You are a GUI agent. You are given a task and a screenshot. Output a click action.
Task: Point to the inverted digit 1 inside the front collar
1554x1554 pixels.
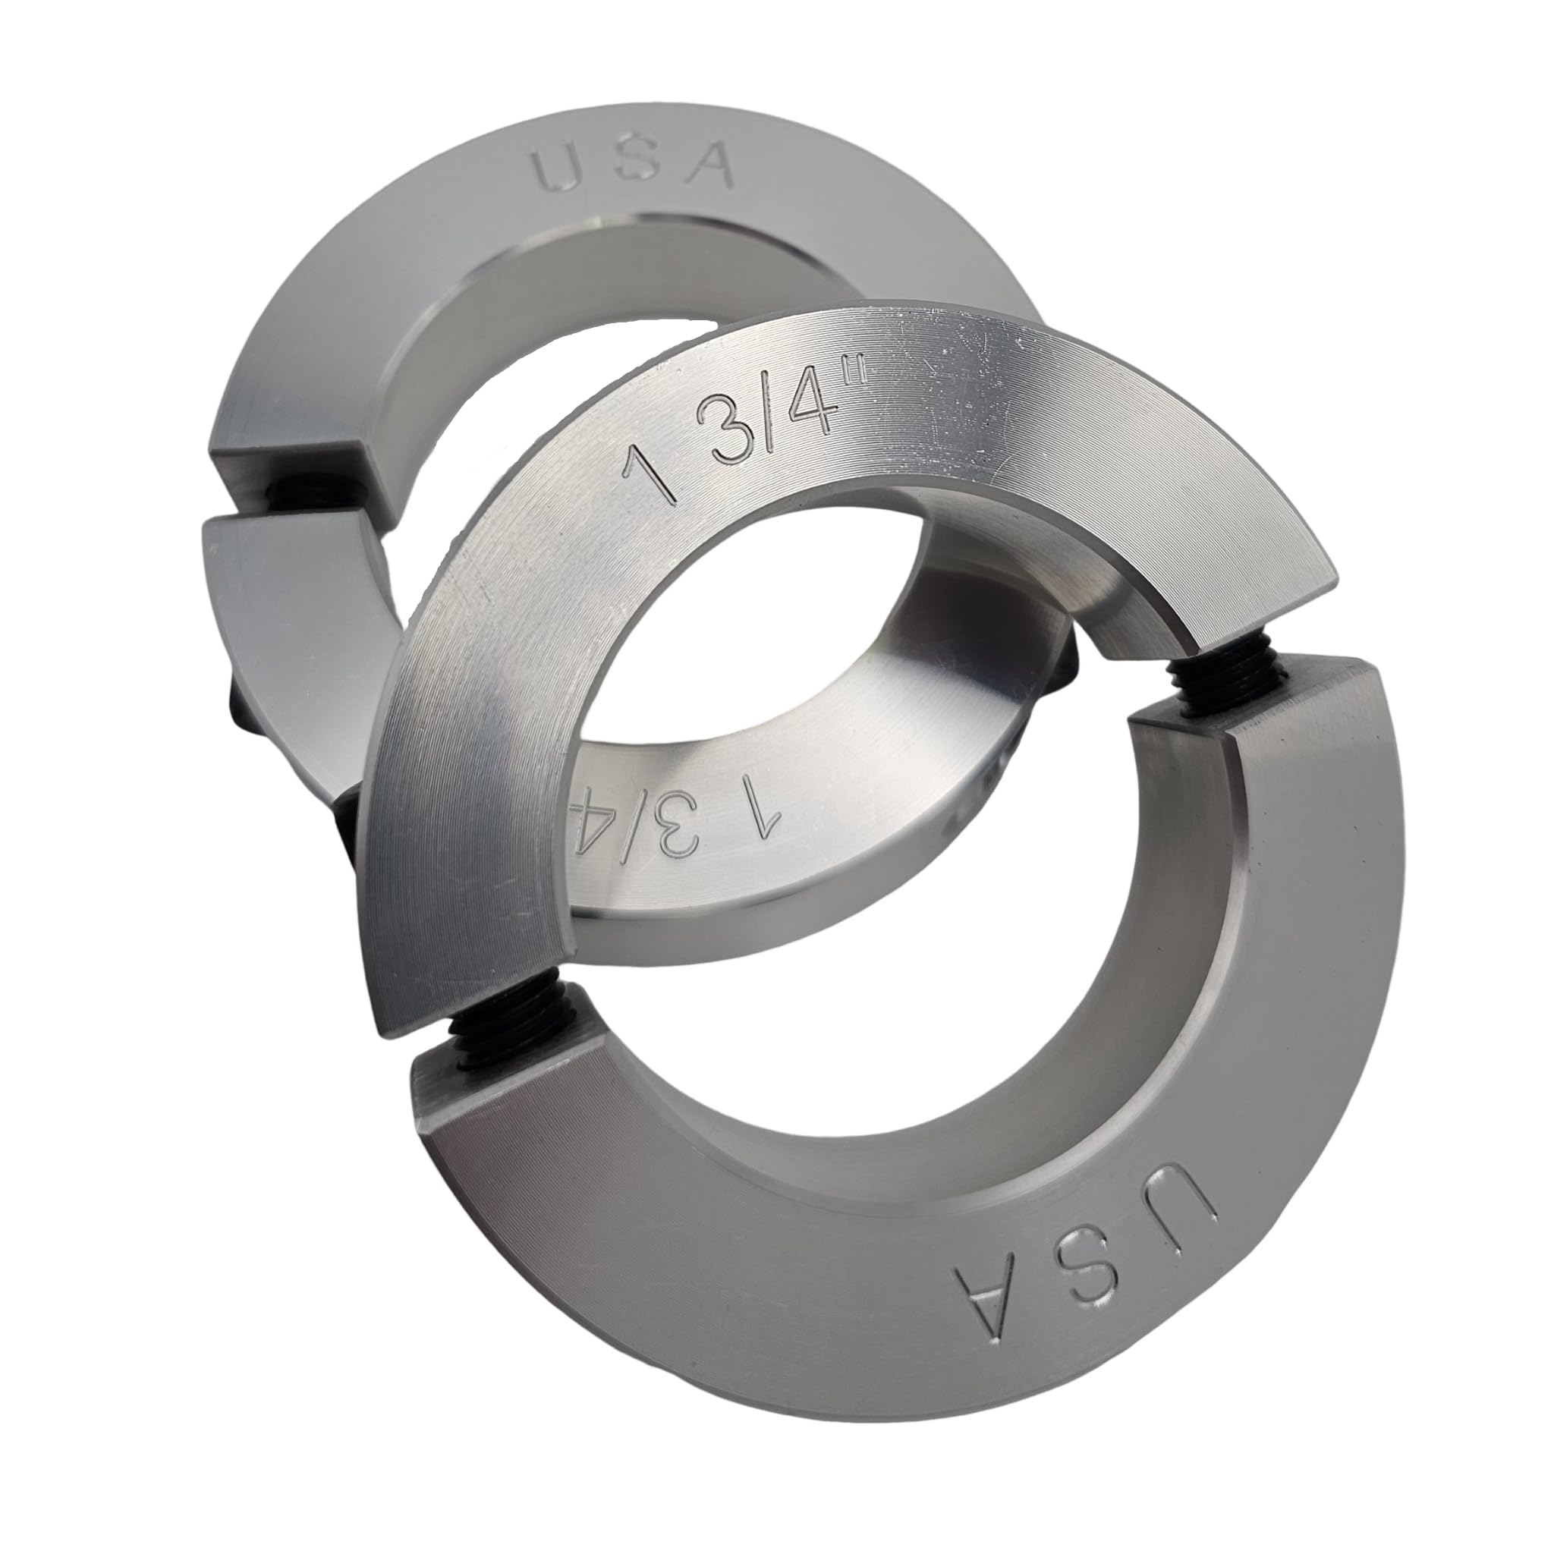[766, 816]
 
